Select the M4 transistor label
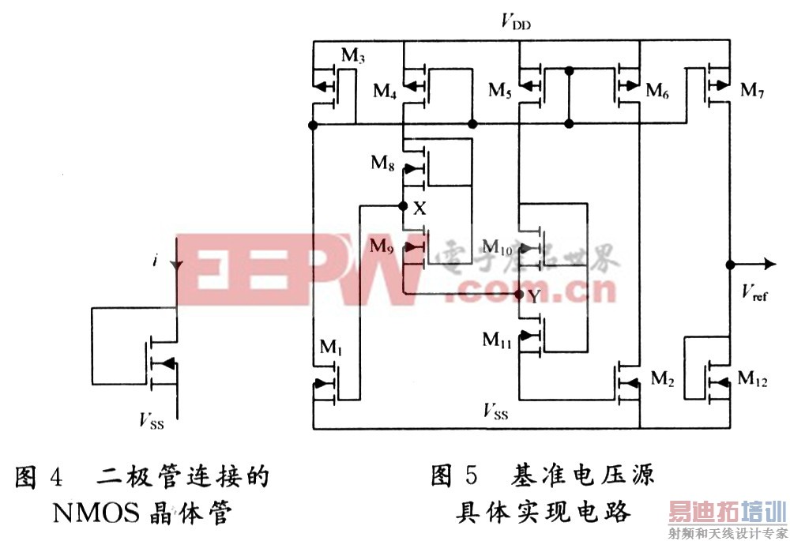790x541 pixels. [x=385, y=91]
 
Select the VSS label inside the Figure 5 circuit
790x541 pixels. [x=495, y=411]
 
